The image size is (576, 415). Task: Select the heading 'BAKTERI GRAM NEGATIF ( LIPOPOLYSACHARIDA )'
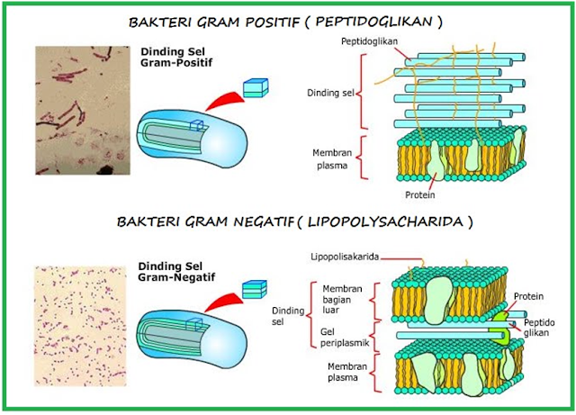tap(287, 221)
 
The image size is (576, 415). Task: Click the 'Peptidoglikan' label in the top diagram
tap(371, 42)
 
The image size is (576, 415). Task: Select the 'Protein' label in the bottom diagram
tap(528, 295)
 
